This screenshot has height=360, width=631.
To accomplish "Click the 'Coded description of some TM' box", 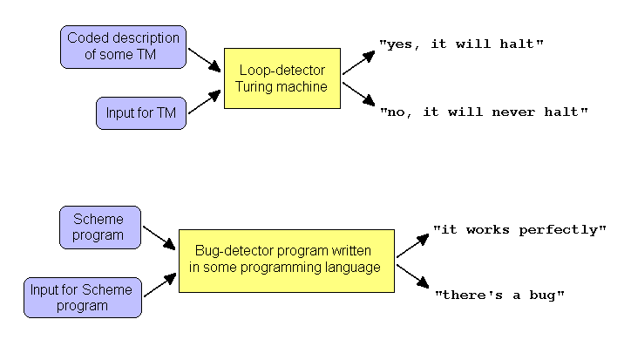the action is point(123,47).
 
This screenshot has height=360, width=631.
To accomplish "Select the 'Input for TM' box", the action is point(141,113).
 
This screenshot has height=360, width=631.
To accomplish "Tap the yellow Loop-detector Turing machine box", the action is point(282,78).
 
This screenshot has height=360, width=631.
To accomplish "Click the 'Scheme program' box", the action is point(100,228).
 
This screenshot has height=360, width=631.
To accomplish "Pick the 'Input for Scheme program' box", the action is point(83,297).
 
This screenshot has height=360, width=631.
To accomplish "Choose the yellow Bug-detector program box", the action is point(287,261).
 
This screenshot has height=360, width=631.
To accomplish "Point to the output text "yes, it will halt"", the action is point(461,44).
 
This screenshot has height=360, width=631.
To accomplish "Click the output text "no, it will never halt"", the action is point(484,112).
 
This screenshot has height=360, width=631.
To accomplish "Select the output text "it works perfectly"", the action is point(519,230).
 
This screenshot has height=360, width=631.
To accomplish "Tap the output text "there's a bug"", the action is point(499,295).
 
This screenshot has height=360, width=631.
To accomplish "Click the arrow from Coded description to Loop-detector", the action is point(205,60).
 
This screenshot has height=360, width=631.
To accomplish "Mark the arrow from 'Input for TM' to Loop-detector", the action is point(205,102).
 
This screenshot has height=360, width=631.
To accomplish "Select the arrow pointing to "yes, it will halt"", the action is point(358,63).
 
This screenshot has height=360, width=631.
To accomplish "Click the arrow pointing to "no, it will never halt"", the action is point(358,94).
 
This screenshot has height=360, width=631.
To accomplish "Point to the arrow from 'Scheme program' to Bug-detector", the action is point(159,238).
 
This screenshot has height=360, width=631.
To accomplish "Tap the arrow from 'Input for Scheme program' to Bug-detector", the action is point(160,285).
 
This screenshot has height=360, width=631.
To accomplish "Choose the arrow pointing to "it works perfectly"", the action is point(413,246).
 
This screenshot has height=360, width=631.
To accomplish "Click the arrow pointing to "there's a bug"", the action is point(413,276).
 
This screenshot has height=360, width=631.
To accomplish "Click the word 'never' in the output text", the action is point(513,112).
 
